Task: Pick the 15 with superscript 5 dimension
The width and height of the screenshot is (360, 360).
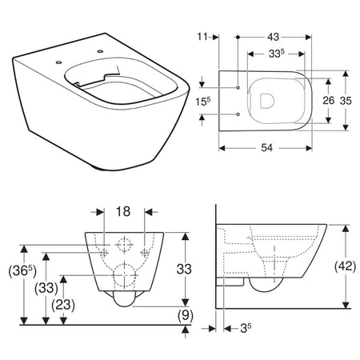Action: click(204, 102)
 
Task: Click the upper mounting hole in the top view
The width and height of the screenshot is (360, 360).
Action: click(238, 86)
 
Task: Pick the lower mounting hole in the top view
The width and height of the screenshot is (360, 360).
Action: click(238, 114)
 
